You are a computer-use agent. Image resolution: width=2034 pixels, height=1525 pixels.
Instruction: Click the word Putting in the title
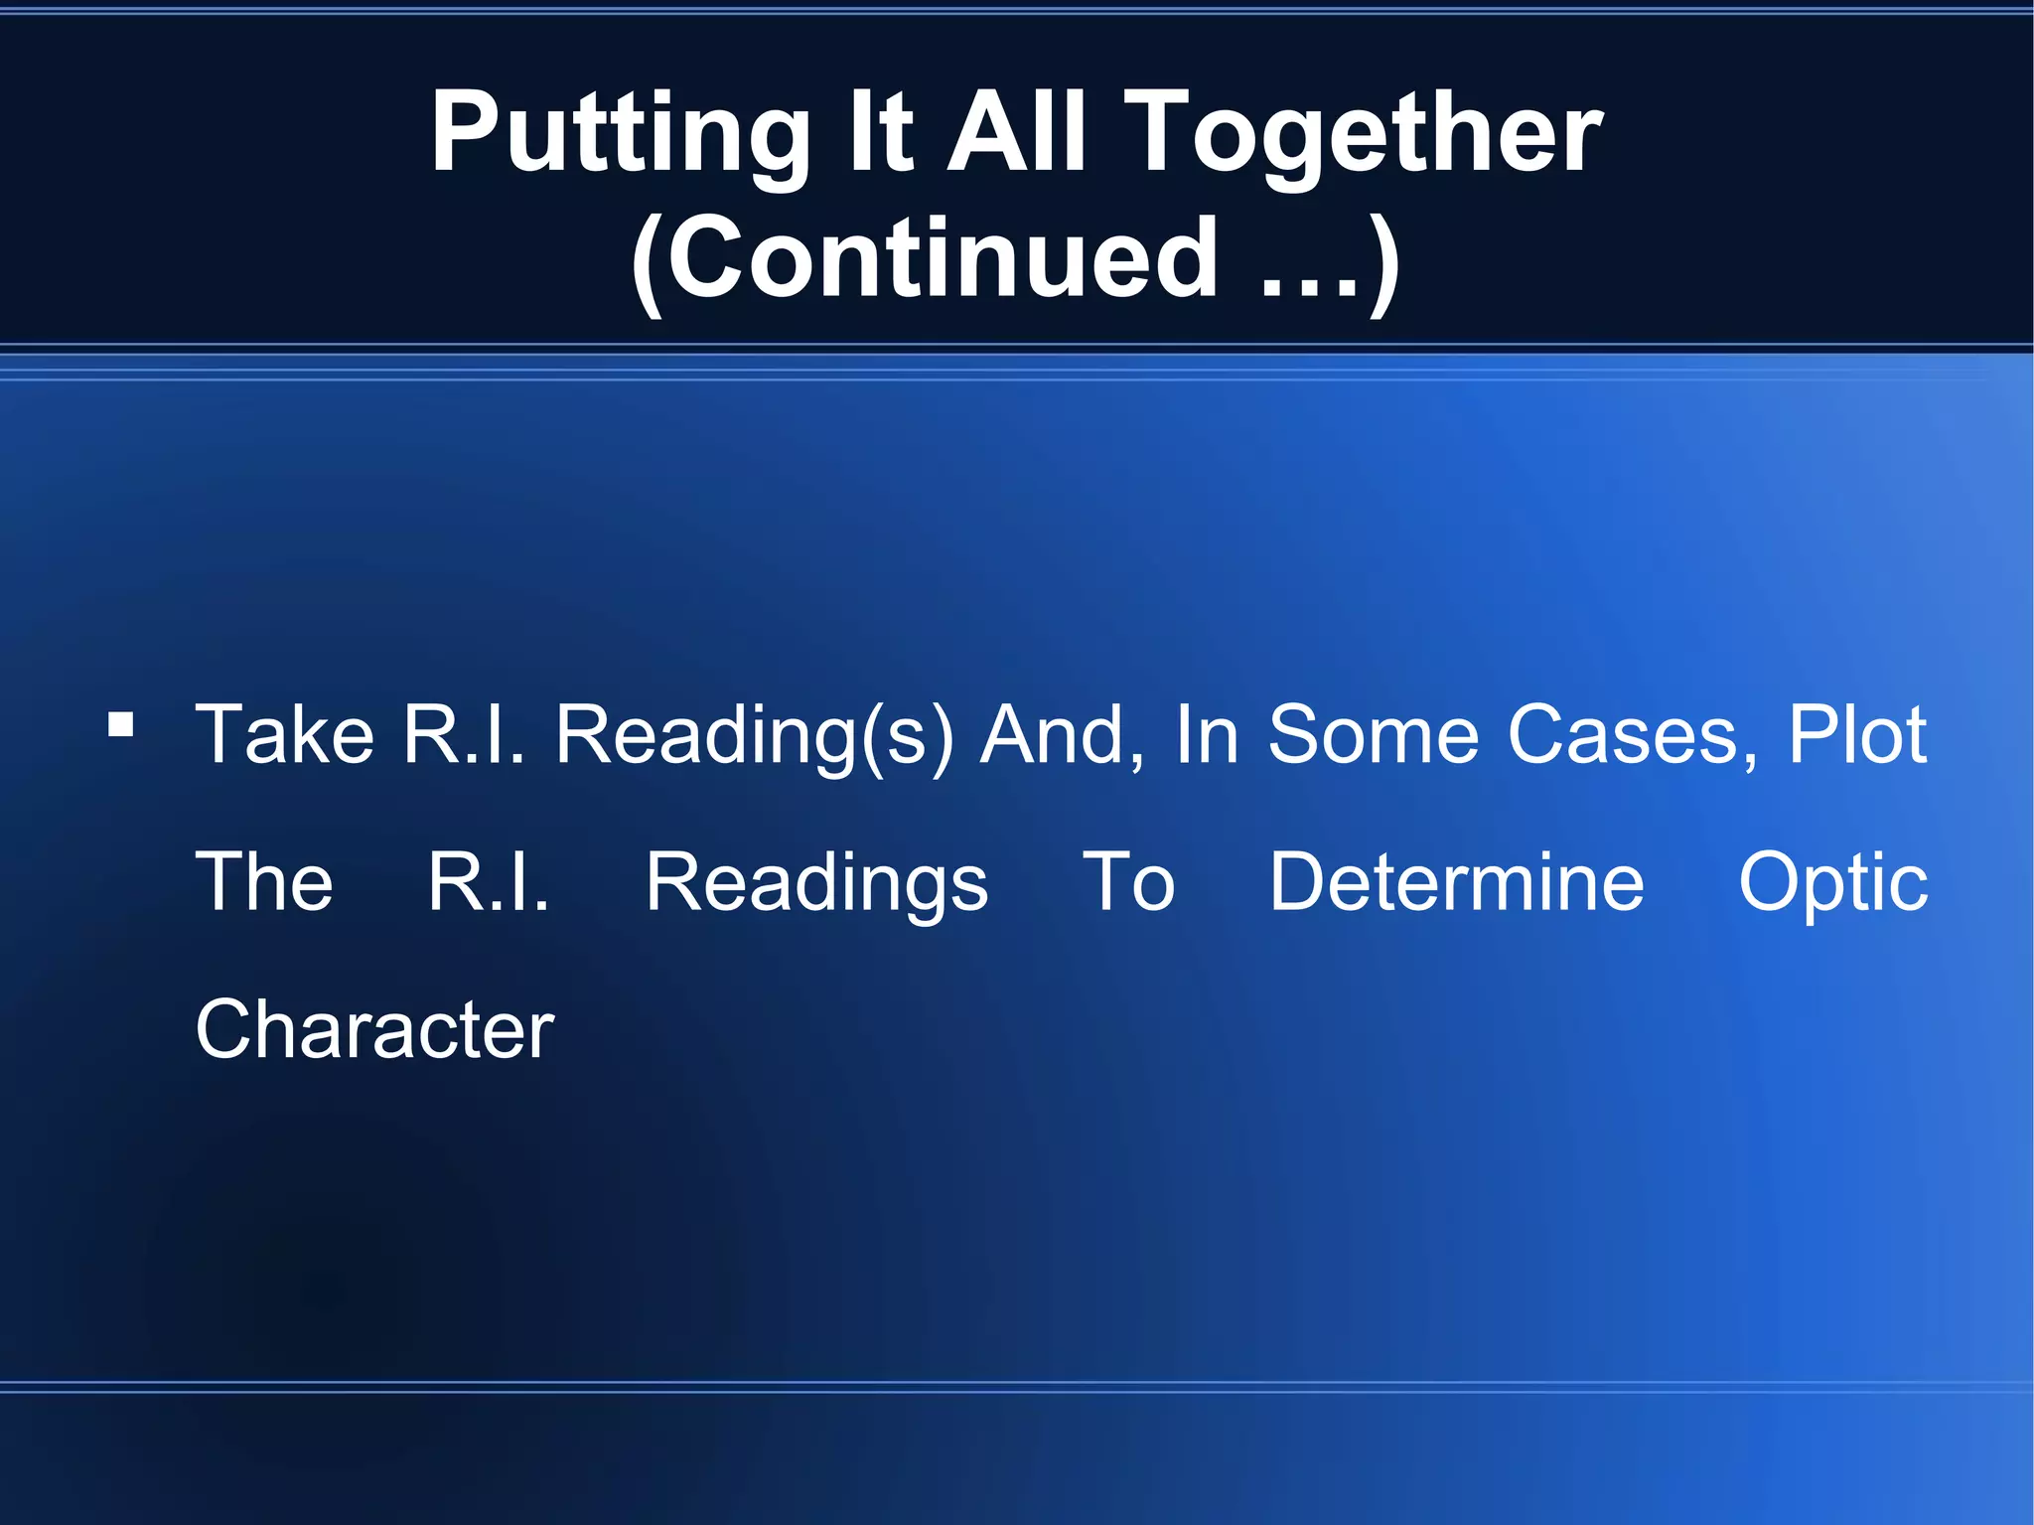(x=620, y=134)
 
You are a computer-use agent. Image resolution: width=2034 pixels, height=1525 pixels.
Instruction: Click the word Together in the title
(x=1366, y=134)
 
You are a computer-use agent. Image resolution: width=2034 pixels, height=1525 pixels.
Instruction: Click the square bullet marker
(x=121, y=724)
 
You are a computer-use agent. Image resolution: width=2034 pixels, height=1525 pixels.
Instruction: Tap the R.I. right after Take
(x=463, y=735)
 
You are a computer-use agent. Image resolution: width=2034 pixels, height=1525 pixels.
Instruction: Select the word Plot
(x=1857, y=735)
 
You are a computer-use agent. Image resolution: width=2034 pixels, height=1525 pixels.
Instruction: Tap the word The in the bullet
(x=264, y=882)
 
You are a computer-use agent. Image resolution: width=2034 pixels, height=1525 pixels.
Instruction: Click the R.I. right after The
(x=488, y=882)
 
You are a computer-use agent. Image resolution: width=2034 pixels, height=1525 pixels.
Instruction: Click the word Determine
(x=1456, y=882)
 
